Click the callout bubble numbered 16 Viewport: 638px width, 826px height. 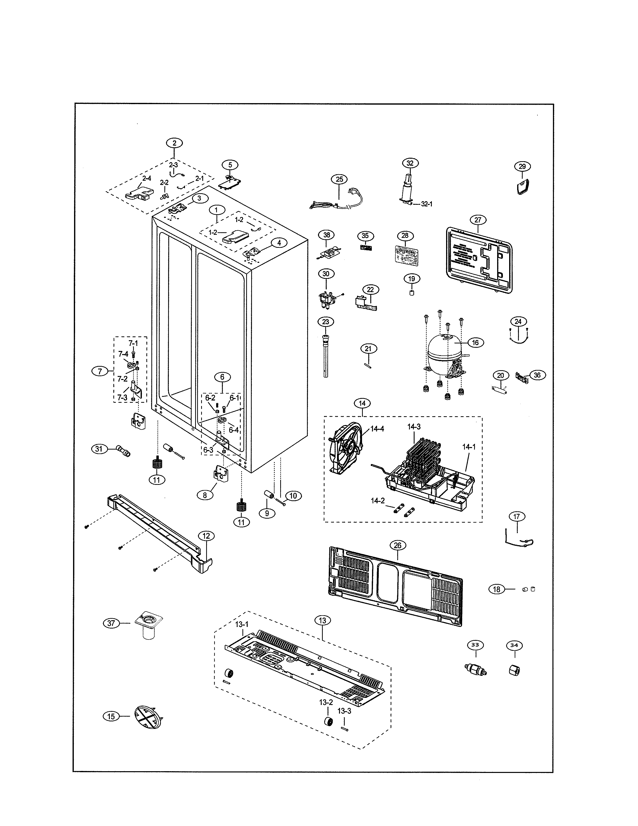(x=475, y=343)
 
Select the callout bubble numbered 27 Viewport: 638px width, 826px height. (x=478, y=220)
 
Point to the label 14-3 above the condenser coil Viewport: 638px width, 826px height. (x=414, y=427)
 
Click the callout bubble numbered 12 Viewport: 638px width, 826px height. (x=206, y=536)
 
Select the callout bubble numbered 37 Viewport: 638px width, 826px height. (x=111, y=623)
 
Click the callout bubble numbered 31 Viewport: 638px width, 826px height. (x=99, y=449)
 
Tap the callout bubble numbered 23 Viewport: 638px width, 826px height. (x=326, y=322)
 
